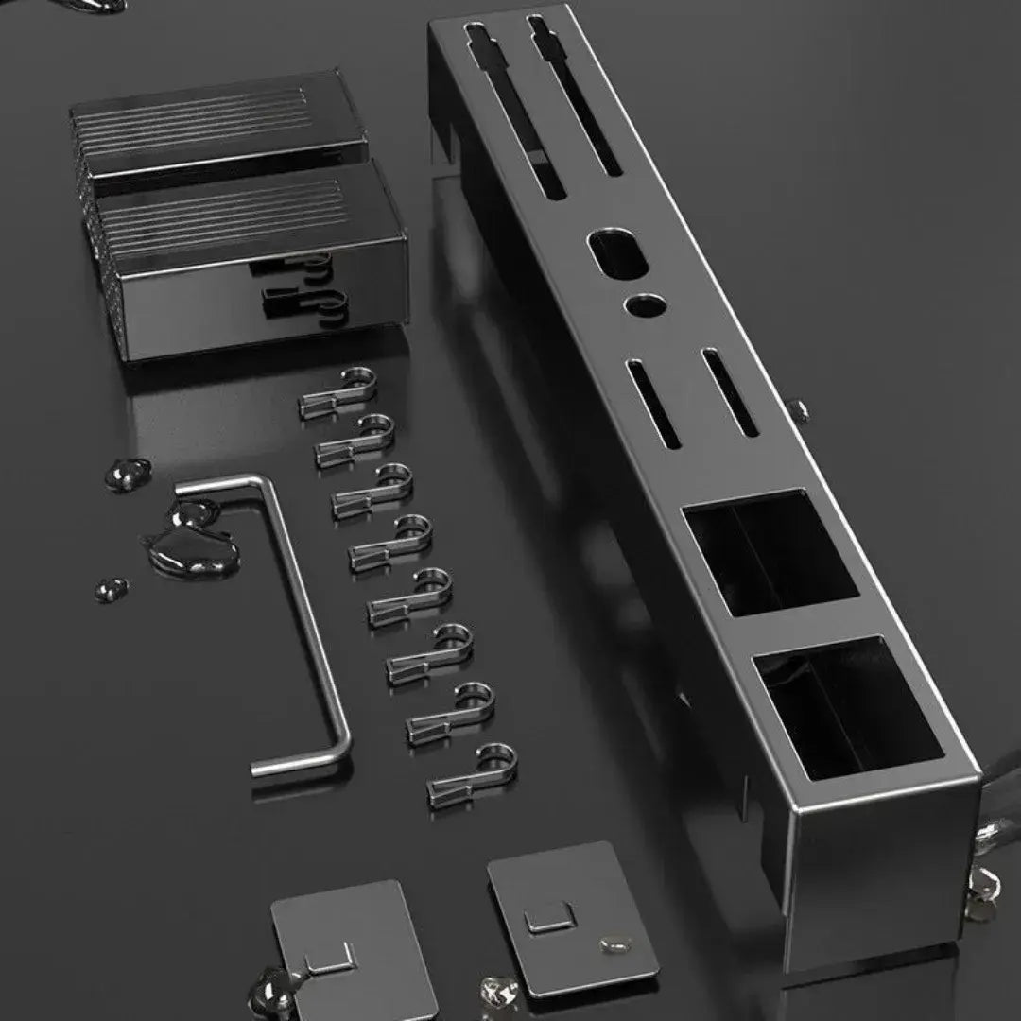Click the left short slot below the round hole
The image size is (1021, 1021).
(x=654, y=404)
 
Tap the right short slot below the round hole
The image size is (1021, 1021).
(x=731, y=393)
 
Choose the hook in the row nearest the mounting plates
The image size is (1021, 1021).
(x=473, y=776)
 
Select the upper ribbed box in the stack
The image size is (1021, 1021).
(x=217, y=123)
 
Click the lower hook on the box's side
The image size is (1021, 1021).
(x=303, y=303)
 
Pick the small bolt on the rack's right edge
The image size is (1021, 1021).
(x=799, y=408)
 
